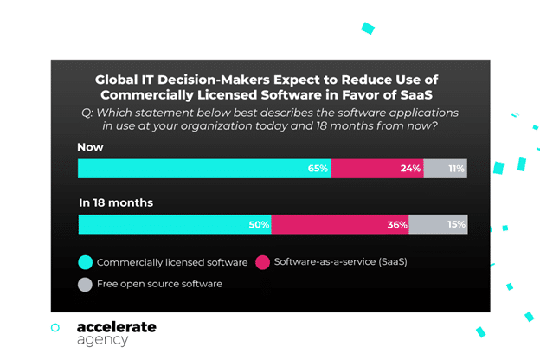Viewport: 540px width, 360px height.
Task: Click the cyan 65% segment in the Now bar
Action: point(204,168)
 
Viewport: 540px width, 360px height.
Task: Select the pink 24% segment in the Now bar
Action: point(377,168)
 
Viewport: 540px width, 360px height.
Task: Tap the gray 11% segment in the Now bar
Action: point(446,168)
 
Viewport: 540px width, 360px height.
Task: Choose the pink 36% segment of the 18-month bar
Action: point(340,224)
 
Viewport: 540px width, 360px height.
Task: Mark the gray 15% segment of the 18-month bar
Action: point(438,224)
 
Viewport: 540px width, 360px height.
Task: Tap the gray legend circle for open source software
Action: point(85,284)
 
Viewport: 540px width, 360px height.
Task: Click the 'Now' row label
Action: point(90,147)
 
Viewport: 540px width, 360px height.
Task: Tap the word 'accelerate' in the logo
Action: point(116,327)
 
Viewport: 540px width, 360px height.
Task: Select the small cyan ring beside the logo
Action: point(55,328)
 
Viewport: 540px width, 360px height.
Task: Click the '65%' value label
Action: point(318,168)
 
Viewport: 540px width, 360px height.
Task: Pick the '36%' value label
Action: point(397,224)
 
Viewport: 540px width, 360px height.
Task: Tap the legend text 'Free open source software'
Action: point(159,284)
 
